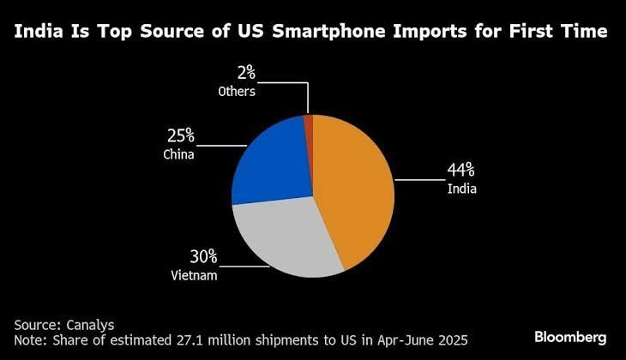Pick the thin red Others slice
point(309,125)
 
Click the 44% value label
point(460,171)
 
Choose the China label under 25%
point(178,154)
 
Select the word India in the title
point(42,32)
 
